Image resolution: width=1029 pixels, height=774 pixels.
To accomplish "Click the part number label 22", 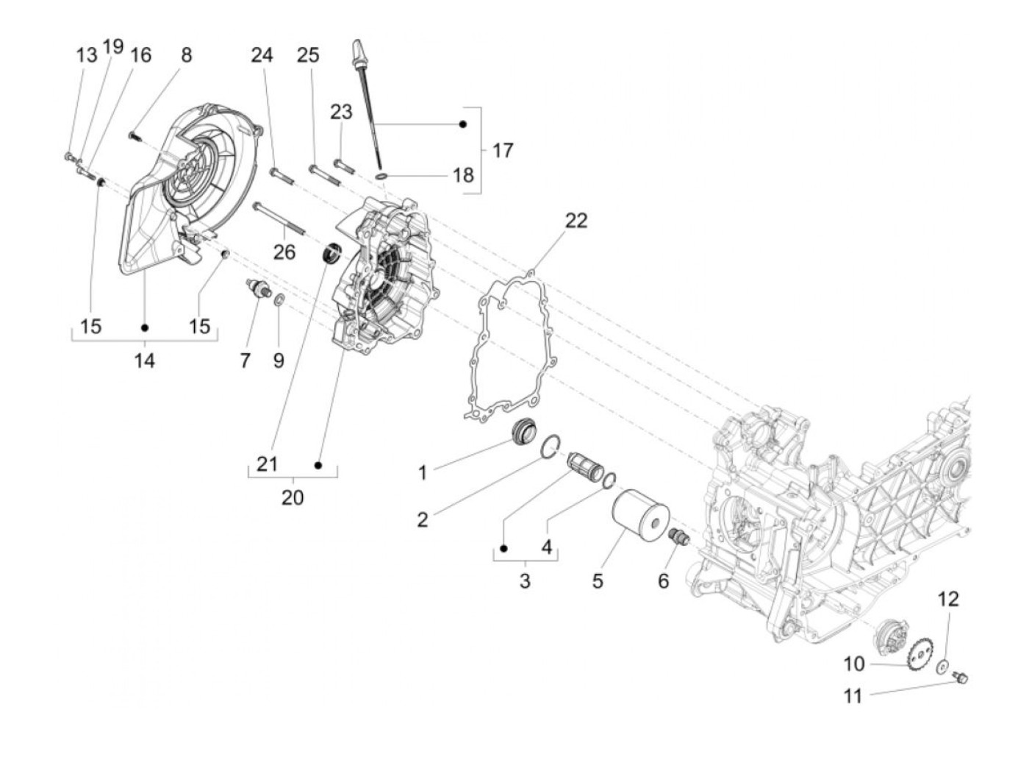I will [x=576, y=220].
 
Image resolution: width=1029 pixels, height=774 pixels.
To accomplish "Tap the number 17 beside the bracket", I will [x=503, y=150].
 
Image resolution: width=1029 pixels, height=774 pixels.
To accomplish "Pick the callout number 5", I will [x=598, y=580].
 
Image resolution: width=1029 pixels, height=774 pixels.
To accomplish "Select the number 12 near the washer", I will [x=948, y=599].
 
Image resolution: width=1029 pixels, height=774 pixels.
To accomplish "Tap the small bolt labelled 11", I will [x=960, y=676].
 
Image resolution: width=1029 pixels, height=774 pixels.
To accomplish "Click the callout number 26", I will [x=284, y=252].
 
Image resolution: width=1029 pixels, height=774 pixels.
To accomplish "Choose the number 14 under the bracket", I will [x=145, y=361].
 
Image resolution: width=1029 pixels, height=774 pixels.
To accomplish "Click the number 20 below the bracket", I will [x=293, y=497].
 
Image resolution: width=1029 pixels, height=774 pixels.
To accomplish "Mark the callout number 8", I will [x=186, y=54].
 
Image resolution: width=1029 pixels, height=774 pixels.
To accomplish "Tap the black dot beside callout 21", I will [x=319, y=465].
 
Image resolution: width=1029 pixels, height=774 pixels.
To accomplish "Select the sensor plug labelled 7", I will [x=258, y=288].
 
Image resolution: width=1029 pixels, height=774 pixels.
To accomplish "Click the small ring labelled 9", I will [x=280, y=299].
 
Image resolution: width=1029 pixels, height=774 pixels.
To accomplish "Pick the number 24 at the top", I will [x=262, y=54].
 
